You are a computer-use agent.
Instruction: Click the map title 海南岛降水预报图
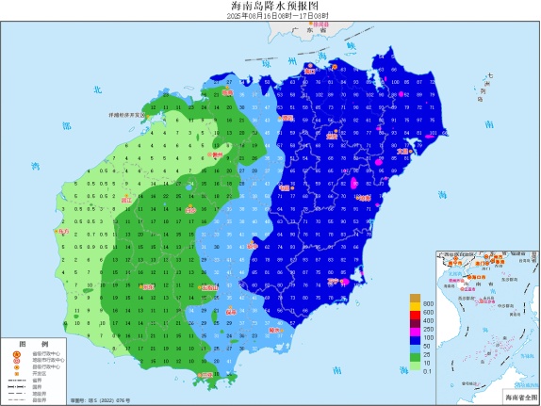[270, 6]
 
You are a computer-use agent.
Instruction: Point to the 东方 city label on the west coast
[64, 230]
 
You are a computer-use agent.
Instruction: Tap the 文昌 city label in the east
[403, 150]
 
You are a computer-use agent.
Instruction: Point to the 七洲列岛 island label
[486, 88]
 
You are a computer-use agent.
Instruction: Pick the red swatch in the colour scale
[414, 320]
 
